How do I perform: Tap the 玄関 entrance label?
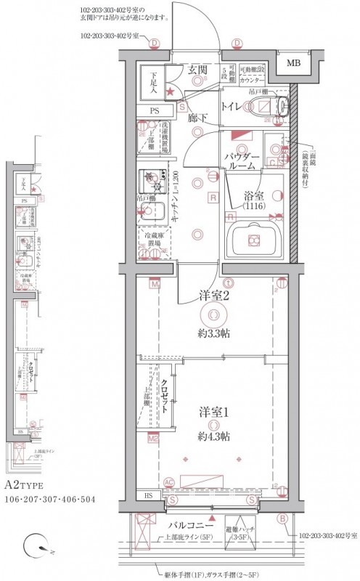(198, 70)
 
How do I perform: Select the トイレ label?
(232, 107)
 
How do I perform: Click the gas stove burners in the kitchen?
(151, 176)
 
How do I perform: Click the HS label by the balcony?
(148, 496)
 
